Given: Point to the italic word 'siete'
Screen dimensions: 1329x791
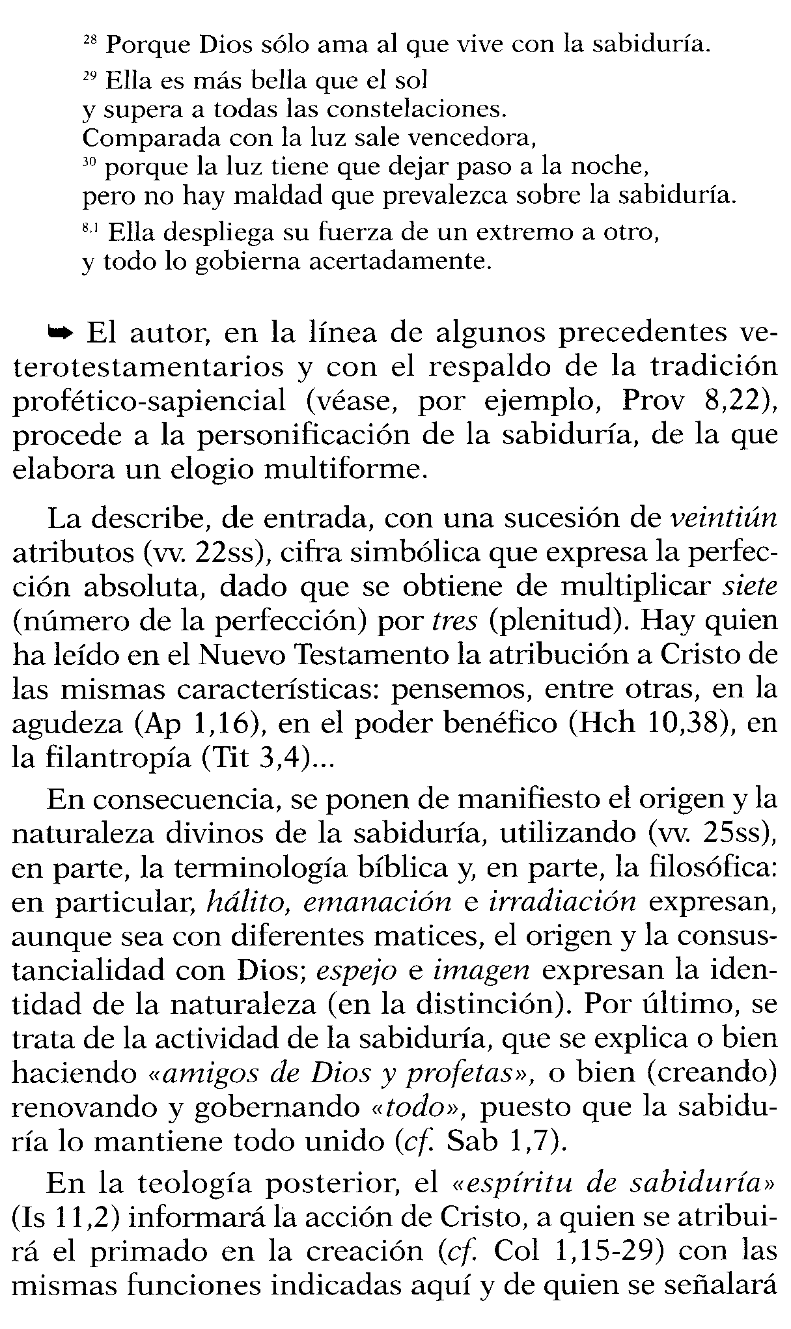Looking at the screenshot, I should tap(751, 586).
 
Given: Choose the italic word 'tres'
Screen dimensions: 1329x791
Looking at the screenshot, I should tap(455, 621).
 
